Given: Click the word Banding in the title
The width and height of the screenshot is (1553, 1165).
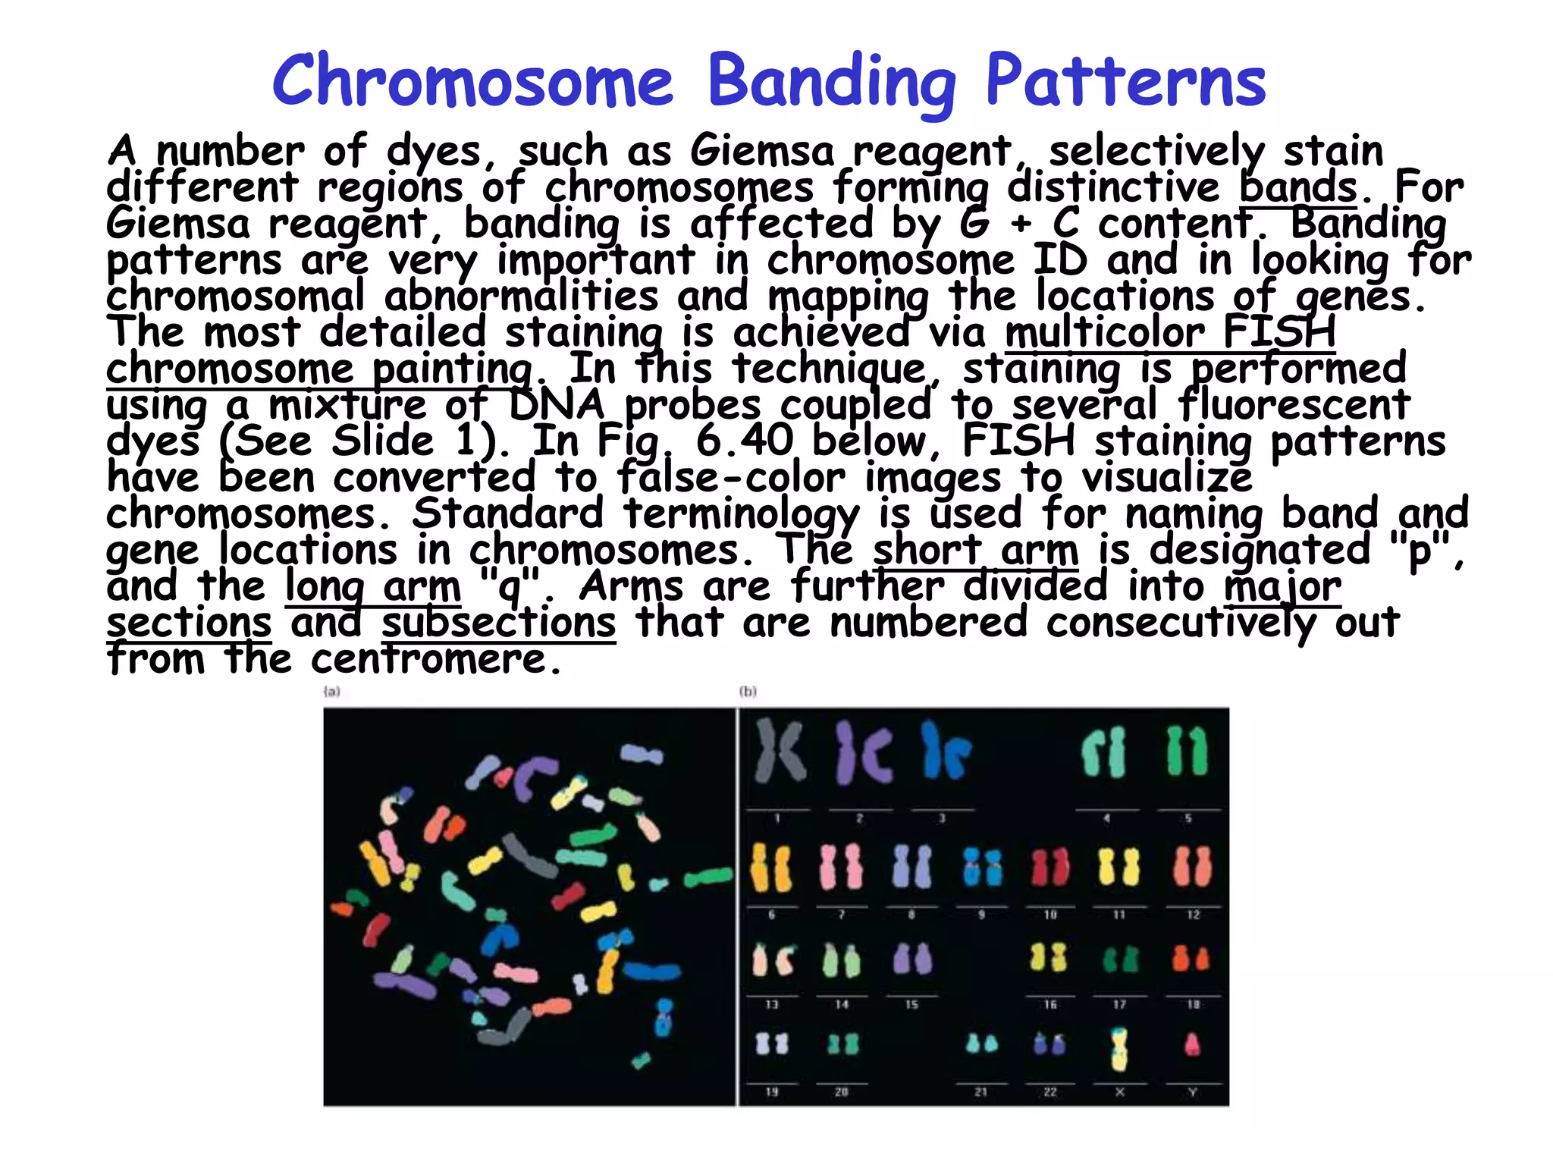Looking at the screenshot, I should click(831, 82).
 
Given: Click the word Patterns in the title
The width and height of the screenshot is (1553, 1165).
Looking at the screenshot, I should click(1125, 82).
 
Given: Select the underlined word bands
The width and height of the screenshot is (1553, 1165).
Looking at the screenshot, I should click(1297, 187).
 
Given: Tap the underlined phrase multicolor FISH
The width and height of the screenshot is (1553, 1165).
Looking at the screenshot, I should click(1170, 333).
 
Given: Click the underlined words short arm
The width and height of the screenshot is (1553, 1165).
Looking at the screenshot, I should click(975, 550).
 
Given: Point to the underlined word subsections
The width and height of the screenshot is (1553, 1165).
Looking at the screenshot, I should click(498, 623).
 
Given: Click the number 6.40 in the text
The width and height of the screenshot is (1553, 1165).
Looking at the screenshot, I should click(744, 441).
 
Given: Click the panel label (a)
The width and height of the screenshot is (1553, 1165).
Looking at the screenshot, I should click(331, 692).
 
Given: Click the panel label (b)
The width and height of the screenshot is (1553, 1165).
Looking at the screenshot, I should click(748, 692).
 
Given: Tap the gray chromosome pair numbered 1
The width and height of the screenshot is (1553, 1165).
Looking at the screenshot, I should click(780, 752).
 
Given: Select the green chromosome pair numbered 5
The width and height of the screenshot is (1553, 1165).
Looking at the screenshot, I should click(1187, 752).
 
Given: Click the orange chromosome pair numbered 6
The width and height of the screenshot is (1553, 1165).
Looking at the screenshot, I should click(771, 868).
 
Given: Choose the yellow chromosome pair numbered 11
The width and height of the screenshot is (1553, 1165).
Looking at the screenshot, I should click(1118, 868).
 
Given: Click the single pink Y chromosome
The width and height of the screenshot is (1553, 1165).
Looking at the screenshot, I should click(1192, 1045).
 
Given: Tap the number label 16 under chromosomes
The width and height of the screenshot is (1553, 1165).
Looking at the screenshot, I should click(1050, 1004).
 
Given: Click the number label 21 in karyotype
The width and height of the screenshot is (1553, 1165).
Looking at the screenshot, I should click(980, 1092).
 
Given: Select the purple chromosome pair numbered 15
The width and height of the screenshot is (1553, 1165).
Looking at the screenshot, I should click(911, 959).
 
